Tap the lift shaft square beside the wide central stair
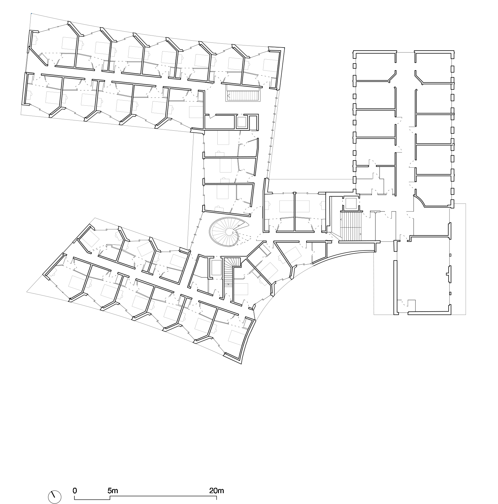click(350, 204)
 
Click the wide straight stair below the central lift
click(350, 226)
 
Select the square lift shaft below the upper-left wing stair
click(242, 122)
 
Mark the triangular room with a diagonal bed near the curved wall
click(289, 251)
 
